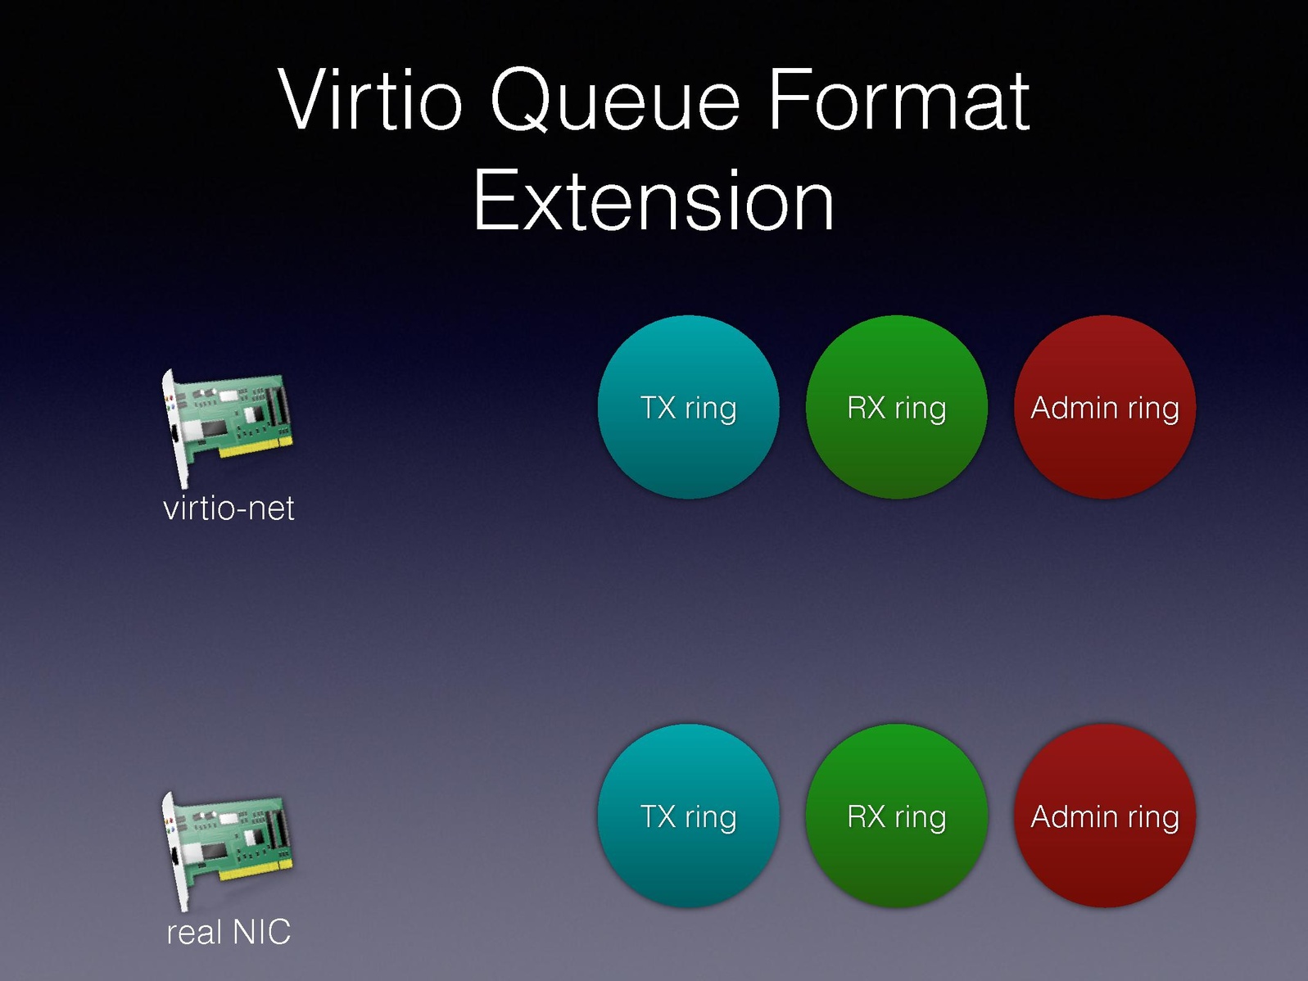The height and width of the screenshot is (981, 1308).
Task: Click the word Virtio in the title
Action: [370, 99]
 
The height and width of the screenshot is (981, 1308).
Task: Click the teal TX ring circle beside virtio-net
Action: [688, 407]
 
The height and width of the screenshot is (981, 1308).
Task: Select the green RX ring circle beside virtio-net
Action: [896, 407]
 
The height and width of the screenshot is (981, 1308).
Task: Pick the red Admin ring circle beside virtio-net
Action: [1105, 407]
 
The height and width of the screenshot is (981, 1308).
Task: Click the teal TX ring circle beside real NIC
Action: [688, 816]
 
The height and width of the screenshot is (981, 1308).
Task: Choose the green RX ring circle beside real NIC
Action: [896, 816]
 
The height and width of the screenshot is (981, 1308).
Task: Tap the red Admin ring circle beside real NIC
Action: [1105, 816]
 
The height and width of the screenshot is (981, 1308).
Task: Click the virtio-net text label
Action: [229, 509]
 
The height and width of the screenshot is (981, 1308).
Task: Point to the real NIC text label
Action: [229, 932]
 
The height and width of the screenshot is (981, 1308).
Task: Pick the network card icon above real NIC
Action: [227, 852]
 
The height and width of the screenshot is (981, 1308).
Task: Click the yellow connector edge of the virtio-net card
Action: [256, 448]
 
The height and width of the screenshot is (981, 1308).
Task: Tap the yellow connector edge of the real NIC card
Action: [256, 870]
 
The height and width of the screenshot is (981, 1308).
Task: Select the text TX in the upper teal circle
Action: [658, 408]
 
